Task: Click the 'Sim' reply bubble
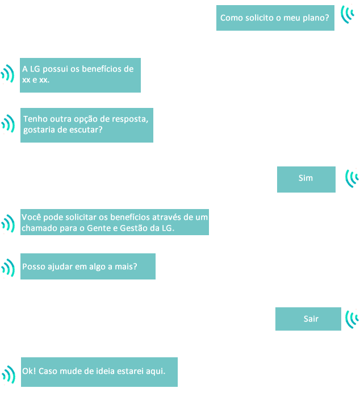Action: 306,179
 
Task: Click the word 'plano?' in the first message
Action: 316,18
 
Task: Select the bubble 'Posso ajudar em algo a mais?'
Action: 88,266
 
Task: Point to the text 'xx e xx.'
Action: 36,80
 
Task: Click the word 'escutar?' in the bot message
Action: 86,130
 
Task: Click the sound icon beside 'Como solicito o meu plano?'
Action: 348,14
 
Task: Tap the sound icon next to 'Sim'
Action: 352,178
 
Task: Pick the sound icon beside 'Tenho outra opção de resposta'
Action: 8,124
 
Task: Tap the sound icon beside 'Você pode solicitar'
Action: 8,223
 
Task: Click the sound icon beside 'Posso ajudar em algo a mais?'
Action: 9,268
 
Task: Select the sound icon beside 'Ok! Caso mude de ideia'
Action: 8,374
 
